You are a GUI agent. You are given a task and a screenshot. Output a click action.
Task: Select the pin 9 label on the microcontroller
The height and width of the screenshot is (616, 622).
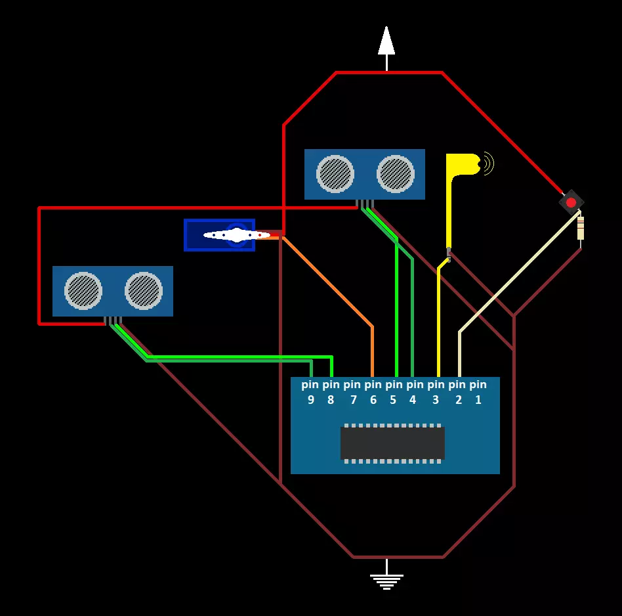310,391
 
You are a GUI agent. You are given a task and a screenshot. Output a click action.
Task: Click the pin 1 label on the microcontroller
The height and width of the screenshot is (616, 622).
478,391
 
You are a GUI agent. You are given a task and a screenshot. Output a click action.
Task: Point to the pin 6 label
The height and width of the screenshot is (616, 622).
373,391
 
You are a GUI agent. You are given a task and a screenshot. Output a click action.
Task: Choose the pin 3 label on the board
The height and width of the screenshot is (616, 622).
436,391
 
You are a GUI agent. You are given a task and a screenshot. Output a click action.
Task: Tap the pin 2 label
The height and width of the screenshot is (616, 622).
457,391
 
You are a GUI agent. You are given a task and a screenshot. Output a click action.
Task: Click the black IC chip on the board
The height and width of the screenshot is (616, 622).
392,443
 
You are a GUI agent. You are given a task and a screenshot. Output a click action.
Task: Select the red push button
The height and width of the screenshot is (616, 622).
571,202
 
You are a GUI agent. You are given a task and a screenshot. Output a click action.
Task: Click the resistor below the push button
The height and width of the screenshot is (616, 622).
581,228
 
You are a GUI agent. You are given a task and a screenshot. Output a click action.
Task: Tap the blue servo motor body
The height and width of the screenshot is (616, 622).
197,235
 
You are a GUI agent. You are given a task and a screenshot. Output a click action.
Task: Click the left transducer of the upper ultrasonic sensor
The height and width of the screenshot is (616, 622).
335,173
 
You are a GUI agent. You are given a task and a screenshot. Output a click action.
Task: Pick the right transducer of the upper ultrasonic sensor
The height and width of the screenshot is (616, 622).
396,173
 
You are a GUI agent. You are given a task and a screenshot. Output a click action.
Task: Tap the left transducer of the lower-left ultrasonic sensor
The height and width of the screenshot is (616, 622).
83,290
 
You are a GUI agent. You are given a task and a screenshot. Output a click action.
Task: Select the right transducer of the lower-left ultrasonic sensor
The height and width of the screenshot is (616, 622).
144,290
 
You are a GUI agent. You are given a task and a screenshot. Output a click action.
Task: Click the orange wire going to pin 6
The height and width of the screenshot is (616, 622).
328,282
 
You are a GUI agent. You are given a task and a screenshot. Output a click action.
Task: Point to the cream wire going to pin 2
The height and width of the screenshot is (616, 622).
512,276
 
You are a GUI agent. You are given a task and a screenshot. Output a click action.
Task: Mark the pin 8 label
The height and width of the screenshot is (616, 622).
331,391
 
